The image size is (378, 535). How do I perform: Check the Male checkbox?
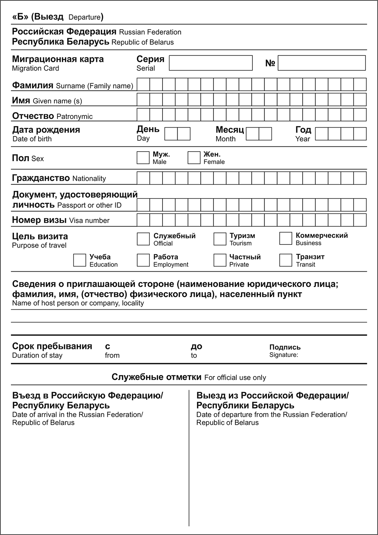(x=143, y=158)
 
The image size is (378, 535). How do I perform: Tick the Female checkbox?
(x=194, y=158)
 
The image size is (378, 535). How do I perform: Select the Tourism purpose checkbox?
(x=220, y=239)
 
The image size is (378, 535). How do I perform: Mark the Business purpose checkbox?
(x=286, y=238)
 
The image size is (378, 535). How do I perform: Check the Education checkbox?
(x=79, y=260)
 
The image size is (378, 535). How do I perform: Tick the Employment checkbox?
(x=143, y=260)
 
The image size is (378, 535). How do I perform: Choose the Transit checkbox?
(x=286, y=260)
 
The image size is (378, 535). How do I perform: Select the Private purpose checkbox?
(x=220, y=260)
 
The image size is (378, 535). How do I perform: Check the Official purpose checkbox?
(x=143, y=239)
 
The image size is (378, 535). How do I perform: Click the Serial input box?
(x=211, y=63)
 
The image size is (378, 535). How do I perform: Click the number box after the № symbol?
(x=322, y=63)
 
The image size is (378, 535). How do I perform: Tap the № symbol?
(x=270, y=63)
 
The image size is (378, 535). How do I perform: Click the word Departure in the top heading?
(x=85, y=17)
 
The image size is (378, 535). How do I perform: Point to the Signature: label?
(x=283, y=355)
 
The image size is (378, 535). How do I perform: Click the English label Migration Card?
(x=36, y=68)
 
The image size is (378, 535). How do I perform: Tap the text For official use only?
(x=235, y=378)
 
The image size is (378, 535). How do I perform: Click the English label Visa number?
(x=89, y=221)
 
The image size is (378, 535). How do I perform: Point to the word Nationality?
(x=89, y=179)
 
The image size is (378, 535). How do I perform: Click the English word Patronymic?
(x=74, y=117)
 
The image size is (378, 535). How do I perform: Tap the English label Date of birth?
(x=32, y=139)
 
